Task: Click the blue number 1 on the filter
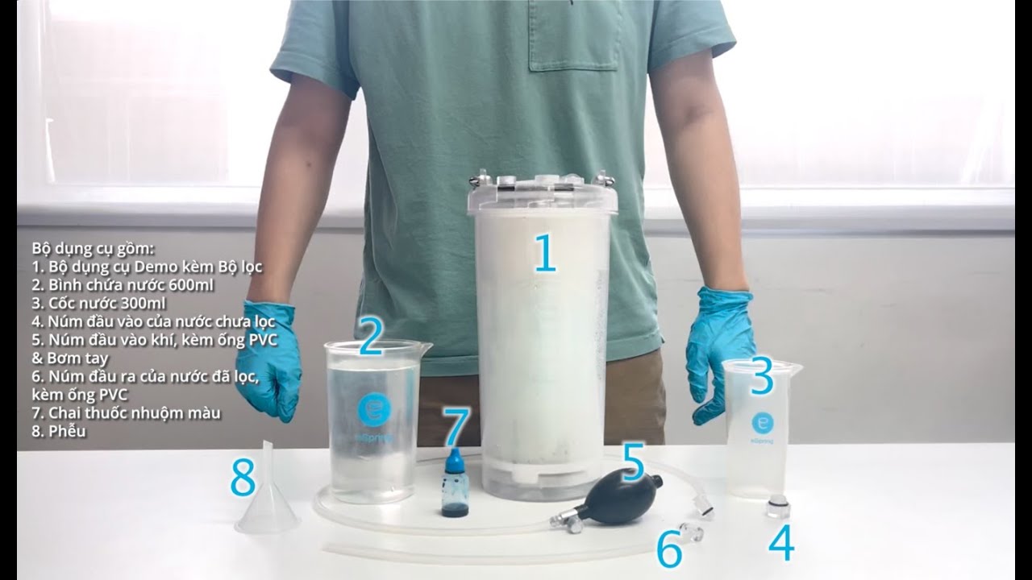click(x=545, y=253)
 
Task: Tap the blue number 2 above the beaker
click(x=370, y=338)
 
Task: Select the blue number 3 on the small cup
click(x=762, y=378)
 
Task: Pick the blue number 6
click(x=668, y=550)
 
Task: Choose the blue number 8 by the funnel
click(x=243, y=479)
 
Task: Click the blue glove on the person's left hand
click(x=720, y=350)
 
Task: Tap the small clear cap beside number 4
click(x=777, y=508)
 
